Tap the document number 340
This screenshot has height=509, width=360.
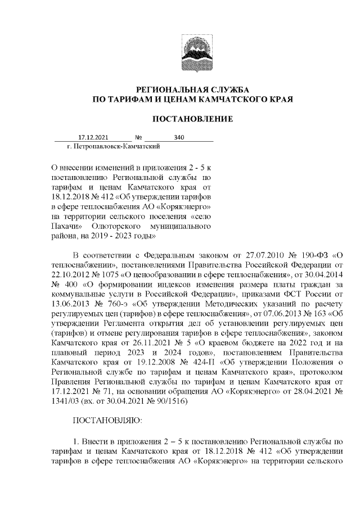click(x=179, y=137)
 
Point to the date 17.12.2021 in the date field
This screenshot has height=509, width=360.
click(x=92, y=137)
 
